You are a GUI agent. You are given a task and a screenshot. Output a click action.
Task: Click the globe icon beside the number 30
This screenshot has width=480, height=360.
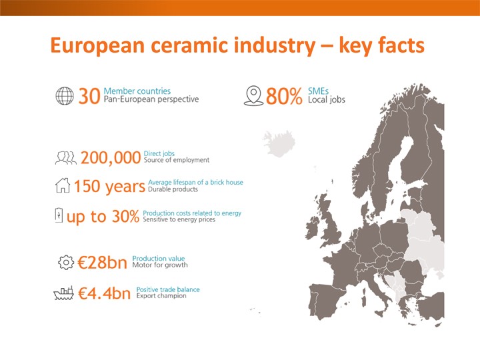[65, 96]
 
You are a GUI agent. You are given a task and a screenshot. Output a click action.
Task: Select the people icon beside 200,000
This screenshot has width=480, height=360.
[66, 157]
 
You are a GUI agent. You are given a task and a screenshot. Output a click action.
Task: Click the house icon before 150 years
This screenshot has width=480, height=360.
[63, 185]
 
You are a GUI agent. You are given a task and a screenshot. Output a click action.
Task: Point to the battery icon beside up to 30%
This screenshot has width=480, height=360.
[59, 215]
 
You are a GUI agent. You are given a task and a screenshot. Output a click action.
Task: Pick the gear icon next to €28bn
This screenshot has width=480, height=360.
[66, 263]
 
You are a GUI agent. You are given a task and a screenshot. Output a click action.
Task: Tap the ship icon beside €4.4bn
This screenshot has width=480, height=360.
[64, 293]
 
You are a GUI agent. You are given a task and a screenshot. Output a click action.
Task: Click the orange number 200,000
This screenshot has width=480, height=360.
[111, 158]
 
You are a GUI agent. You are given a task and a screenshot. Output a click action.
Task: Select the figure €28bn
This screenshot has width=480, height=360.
[102, 263]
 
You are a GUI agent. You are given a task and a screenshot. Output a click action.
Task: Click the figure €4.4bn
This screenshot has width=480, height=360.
[105, 293]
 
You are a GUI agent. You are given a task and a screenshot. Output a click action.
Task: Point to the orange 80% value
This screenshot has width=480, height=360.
[284, 96]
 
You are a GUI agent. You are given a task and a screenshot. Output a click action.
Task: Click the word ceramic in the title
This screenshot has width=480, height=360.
[189, 45]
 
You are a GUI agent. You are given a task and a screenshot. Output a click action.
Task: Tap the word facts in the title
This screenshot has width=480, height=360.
[401, 45]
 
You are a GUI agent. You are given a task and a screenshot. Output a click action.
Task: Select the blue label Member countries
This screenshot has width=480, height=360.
[137, 91]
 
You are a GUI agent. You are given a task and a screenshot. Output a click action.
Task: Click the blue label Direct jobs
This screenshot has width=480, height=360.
[159, 153]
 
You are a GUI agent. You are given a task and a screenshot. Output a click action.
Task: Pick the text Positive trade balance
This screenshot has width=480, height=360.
[168, 289]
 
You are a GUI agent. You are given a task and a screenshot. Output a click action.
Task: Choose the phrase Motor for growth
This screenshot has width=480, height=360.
[160, 265]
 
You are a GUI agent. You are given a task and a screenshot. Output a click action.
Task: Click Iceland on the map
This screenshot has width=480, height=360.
[279, 143]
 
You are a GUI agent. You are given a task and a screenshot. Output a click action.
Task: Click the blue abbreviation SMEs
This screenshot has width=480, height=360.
[319, 91]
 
